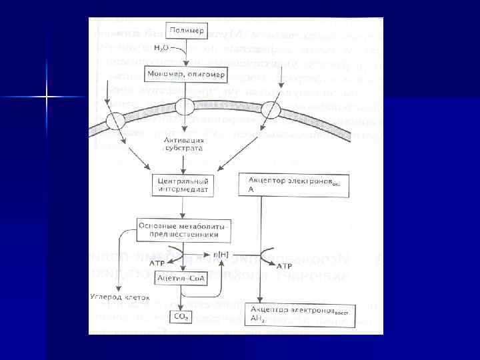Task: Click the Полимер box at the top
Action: click(x=181, y=31)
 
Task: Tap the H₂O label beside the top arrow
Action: click(x=160, y=48)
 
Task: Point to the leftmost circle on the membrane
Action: click(x=115, y=121)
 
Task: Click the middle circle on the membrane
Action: click(x=184, y=107)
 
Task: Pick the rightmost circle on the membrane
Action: click(x=270, y=110)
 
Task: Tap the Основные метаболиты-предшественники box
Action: click(x=184, y=231)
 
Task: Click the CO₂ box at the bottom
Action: click(x=181, y=317)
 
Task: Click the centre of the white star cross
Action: click(x=47, y=97)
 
